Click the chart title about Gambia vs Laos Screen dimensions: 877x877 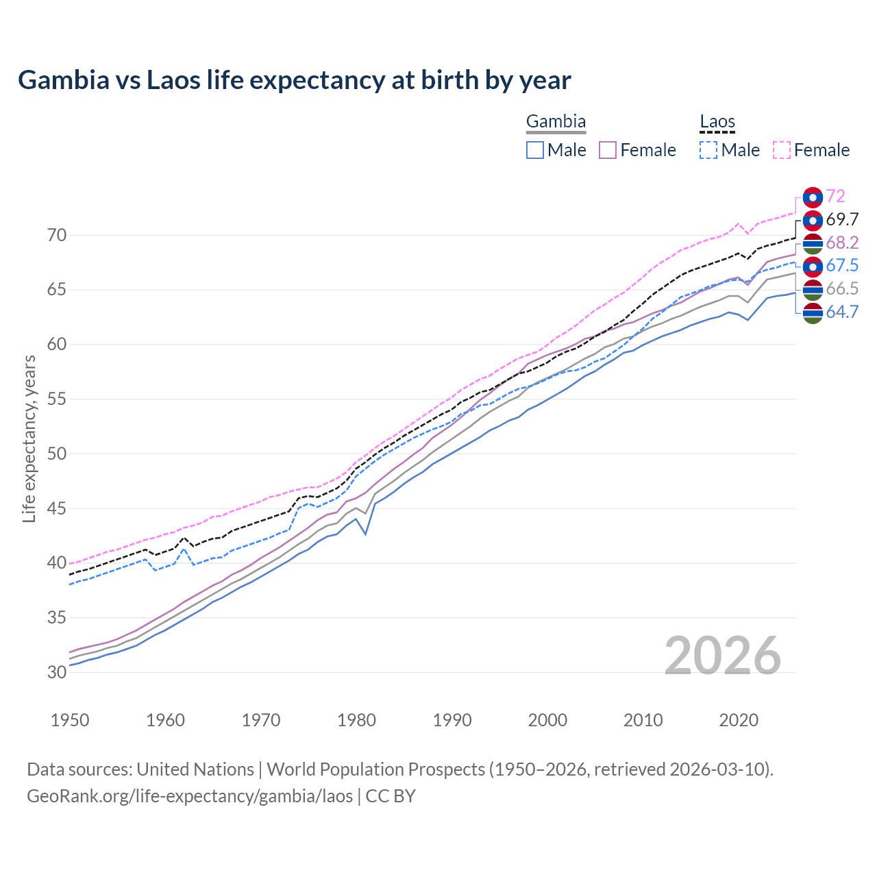coord(294,80)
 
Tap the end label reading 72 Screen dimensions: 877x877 coord(835,196)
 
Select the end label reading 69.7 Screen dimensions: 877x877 coord(842,219)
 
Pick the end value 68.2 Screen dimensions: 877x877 coord(842,243)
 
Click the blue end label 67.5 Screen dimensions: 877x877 coord(842,266)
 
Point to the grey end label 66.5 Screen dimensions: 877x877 coord(842,289)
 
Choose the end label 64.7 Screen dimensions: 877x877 coord(842,312)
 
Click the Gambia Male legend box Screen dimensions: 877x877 coord(535,150)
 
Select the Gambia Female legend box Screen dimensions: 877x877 coord(608,150)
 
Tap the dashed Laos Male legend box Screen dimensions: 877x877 coord(708,150)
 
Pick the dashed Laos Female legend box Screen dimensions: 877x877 coord(782,150)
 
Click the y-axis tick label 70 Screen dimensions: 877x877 coord(57,235)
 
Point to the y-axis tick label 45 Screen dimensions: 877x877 coord(57,508)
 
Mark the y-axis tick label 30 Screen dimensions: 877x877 coord(57,672)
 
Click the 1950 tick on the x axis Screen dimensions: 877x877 coord(71,720)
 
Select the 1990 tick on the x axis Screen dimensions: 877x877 coord(452,720)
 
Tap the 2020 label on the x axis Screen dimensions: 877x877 coord(739,720)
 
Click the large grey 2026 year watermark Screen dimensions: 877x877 coord(723,656)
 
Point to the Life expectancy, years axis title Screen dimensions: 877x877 coord(29,438)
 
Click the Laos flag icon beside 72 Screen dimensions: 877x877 coord(813,197)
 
